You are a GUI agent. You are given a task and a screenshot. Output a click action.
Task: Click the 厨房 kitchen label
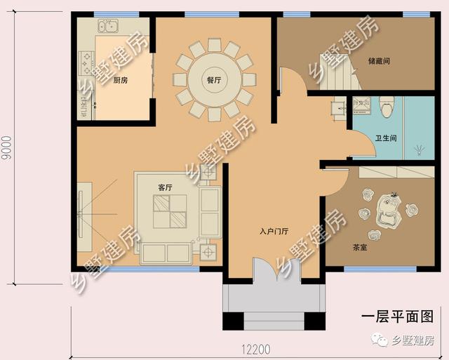(x=121, y=81)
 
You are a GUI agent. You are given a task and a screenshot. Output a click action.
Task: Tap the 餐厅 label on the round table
(x=214, y=80)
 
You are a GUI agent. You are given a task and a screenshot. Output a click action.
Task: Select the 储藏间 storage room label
(x=379, y=61)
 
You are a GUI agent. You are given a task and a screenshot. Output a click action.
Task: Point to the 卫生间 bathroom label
(x=386, y=138)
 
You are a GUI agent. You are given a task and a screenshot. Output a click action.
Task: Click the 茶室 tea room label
(x=360, y=247)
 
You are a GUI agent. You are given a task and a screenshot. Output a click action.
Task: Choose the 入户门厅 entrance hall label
(x=274, y=231)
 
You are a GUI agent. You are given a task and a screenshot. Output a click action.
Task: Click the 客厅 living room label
(x=166, y=187)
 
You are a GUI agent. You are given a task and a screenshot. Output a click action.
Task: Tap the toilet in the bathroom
(x=387, y=107)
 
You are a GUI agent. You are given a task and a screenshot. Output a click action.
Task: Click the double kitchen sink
(x=108, y=26)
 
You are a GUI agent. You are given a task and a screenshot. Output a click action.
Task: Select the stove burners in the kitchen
(x=86, y=63)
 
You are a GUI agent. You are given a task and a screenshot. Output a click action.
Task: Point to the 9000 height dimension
(x=6, y=148)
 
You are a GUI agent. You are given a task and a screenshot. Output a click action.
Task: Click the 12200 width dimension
(x=255, y=349)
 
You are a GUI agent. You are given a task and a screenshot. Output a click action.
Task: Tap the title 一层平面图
(x=397, y=316)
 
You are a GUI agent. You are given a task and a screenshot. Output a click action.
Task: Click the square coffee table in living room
(x=170, y=212)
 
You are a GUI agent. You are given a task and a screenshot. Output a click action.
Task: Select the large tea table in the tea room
(x=388, y=211)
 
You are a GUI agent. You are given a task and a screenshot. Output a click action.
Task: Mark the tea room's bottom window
(x=380, y=269)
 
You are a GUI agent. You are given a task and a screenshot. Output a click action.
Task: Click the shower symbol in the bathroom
(x=420, y=149)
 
